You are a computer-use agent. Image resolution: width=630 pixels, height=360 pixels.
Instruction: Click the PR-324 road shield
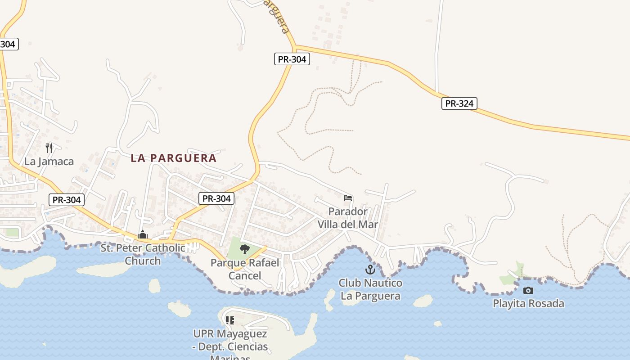459,103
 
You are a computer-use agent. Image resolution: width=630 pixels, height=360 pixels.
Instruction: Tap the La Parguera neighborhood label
174,158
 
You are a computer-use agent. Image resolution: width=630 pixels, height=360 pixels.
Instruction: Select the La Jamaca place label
49,162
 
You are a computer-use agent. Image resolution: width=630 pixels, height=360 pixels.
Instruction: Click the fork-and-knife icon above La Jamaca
49,148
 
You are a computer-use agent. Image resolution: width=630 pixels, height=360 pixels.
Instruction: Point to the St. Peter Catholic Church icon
143,234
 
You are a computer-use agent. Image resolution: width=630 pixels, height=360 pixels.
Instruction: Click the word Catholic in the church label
162,248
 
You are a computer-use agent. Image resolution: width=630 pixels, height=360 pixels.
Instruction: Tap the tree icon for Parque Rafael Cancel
244,249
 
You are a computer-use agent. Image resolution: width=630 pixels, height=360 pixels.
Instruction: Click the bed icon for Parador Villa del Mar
347,198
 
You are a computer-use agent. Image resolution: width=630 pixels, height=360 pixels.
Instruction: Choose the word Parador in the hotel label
348,211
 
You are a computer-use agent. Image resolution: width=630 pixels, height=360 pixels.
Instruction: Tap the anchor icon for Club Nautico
370,270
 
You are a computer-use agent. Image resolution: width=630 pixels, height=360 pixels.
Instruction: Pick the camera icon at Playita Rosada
528,290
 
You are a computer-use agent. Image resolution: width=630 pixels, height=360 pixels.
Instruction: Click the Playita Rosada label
528,303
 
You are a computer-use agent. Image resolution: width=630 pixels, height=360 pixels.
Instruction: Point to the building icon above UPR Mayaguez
230,320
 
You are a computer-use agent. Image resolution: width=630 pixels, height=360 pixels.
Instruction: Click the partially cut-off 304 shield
8,44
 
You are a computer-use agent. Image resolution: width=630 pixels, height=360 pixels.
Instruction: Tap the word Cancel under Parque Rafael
245,275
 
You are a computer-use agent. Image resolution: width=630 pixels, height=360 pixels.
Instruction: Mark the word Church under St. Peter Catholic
143,261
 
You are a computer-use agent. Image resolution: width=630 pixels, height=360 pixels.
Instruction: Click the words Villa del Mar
348,224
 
